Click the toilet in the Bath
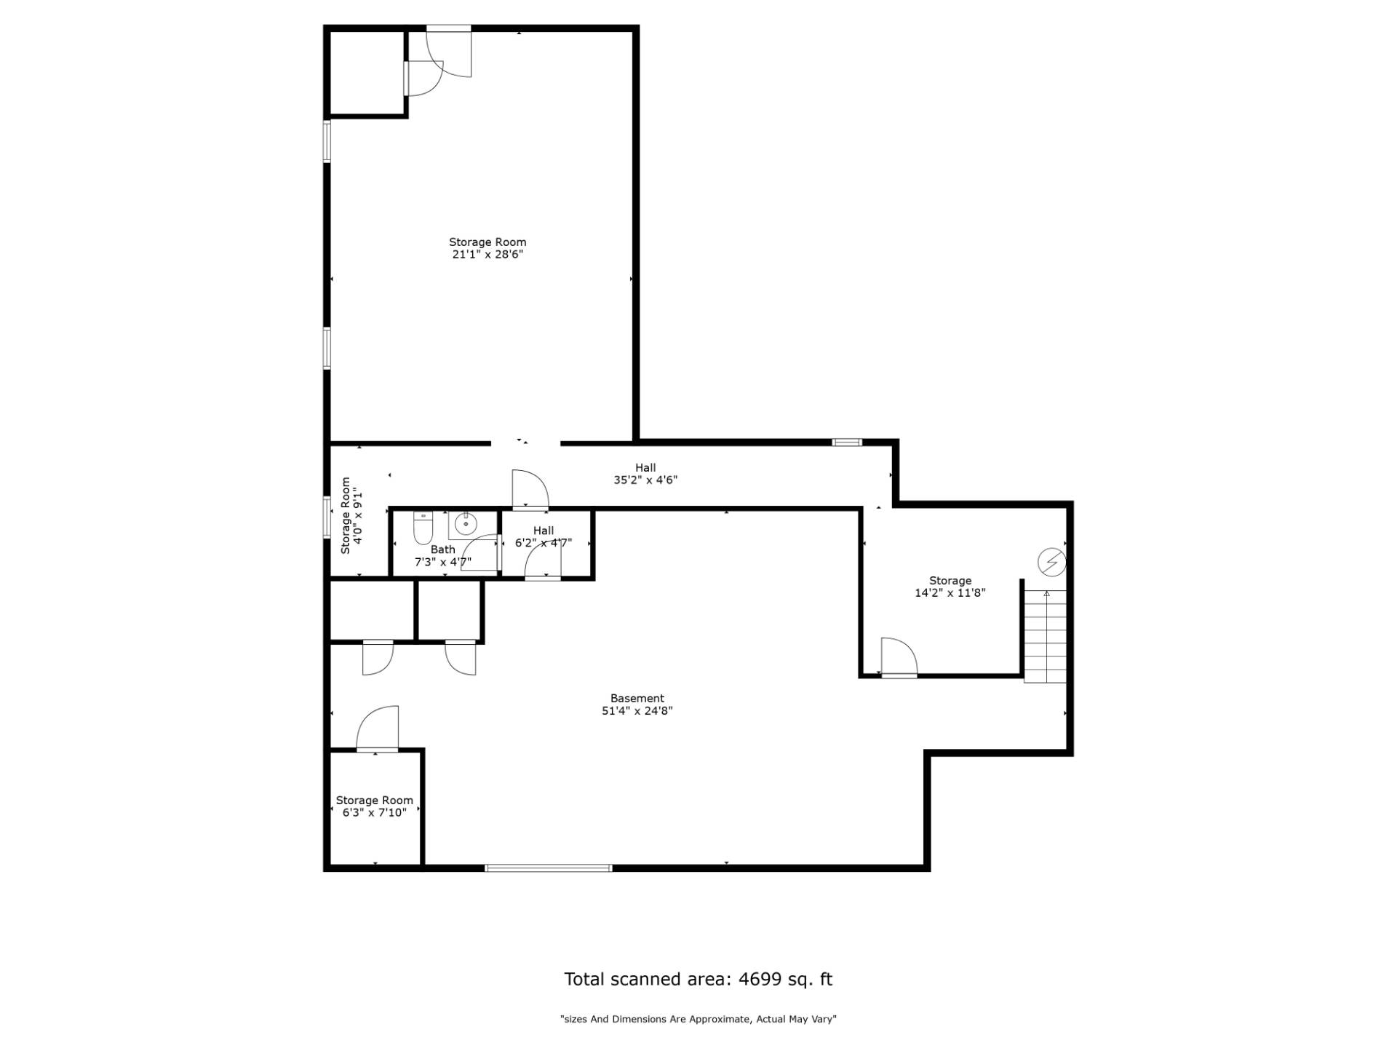[423, 528]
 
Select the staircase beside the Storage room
[1045, 636]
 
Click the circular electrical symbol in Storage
[1051, 562]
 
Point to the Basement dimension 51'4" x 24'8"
[637, 711]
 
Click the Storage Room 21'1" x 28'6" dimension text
[487, 255]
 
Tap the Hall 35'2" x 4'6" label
[645, 474]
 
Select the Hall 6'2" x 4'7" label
[544, 536]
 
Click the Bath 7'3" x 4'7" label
[443, 555]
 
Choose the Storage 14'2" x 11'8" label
[950, 587]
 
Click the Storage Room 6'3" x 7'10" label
[374, 806]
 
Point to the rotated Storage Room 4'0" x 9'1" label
[351, 516]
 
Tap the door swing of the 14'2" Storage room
[899, 656]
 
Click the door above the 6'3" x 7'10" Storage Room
[378, 729]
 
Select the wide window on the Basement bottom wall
[549, 868]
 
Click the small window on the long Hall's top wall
[847, 442]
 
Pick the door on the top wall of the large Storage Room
[449, 51]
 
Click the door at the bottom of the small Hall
[543, 560]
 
